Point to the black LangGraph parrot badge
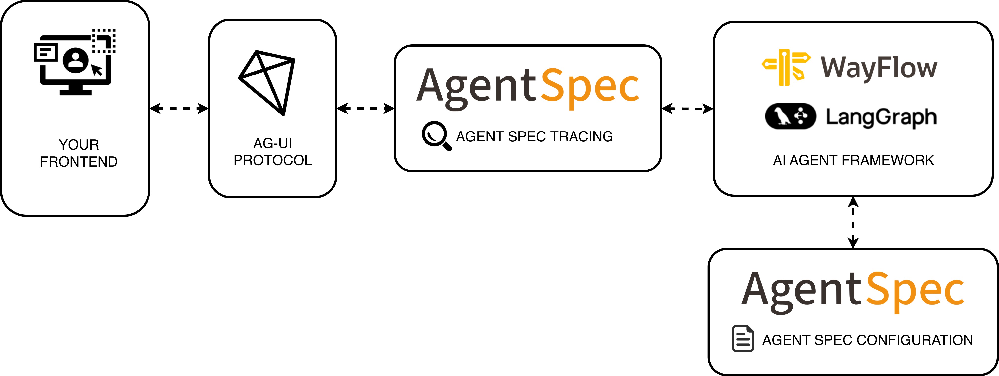[790, 116]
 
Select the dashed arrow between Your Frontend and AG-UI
[179, 108]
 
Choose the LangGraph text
[881, 117]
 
